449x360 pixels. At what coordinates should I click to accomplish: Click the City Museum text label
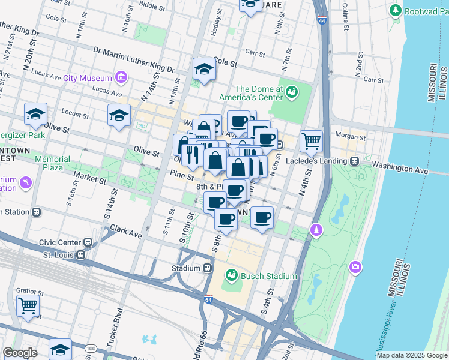tap(88, 78)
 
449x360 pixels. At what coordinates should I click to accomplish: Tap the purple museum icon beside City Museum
tap(121, 77)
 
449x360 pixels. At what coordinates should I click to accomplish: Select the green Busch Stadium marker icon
tap(231, 276)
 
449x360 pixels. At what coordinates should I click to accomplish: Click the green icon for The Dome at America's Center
tap(292, 91)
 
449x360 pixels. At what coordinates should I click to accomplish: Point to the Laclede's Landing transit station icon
tap(355, 161)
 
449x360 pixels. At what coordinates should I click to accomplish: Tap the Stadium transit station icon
tap(207, 268)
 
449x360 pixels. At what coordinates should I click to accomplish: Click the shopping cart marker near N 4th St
tap(311, 142)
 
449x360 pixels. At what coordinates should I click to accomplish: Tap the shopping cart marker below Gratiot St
tap(28, 305)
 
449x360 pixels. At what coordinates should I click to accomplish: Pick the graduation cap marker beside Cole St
tap(204, 70)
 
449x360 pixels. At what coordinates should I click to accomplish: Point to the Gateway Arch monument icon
tap(316, 230)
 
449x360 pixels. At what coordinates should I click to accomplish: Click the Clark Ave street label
tap(127, 231)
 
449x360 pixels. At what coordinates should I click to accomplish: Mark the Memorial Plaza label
tap(57, 163)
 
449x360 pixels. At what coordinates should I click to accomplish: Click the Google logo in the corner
tap(20, 353)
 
